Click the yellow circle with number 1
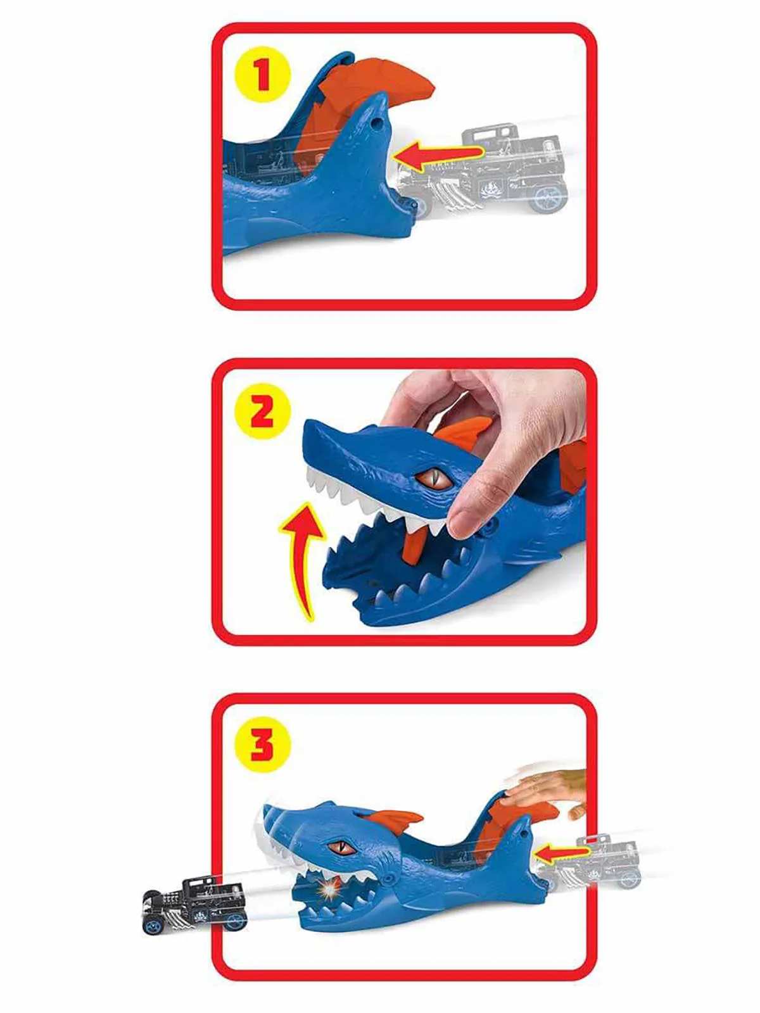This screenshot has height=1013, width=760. (x=262, y=75)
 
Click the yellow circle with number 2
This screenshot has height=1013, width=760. (x=262, y=413)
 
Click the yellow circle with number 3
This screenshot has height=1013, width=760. (x=262, y=745)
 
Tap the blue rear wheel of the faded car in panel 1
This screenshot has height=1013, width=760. (x=548, y=196)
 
